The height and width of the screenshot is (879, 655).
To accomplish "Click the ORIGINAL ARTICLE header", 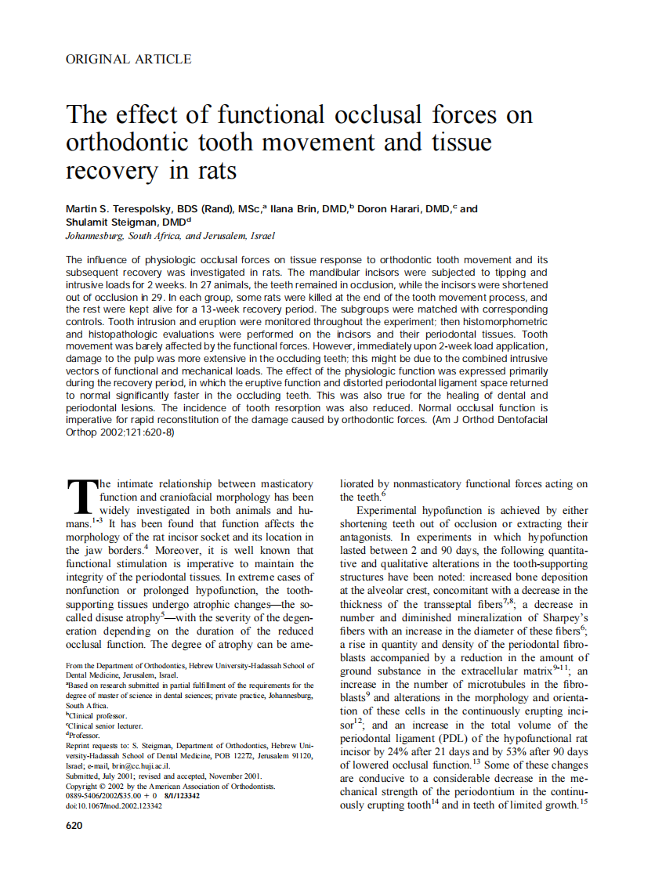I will click(128, 59).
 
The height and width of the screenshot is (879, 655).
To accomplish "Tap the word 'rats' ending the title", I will click(214, 170).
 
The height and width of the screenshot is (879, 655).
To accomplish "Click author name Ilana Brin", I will click(296, 209).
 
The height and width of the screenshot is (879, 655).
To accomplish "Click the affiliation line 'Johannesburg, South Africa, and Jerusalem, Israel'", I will click(171, 235).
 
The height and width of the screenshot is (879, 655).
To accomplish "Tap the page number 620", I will click(75, 825).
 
